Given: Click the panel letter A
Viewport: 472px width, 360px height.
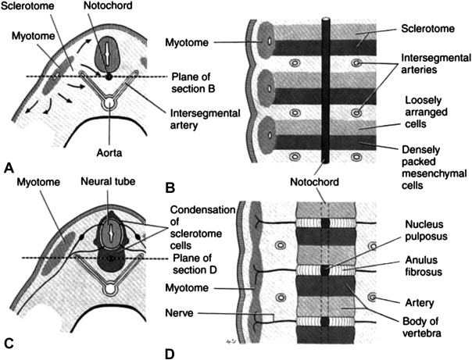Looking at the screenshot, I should pos(9,166).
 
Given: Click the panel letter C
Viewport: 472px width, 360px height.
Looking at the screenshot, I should pos(9,342).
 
